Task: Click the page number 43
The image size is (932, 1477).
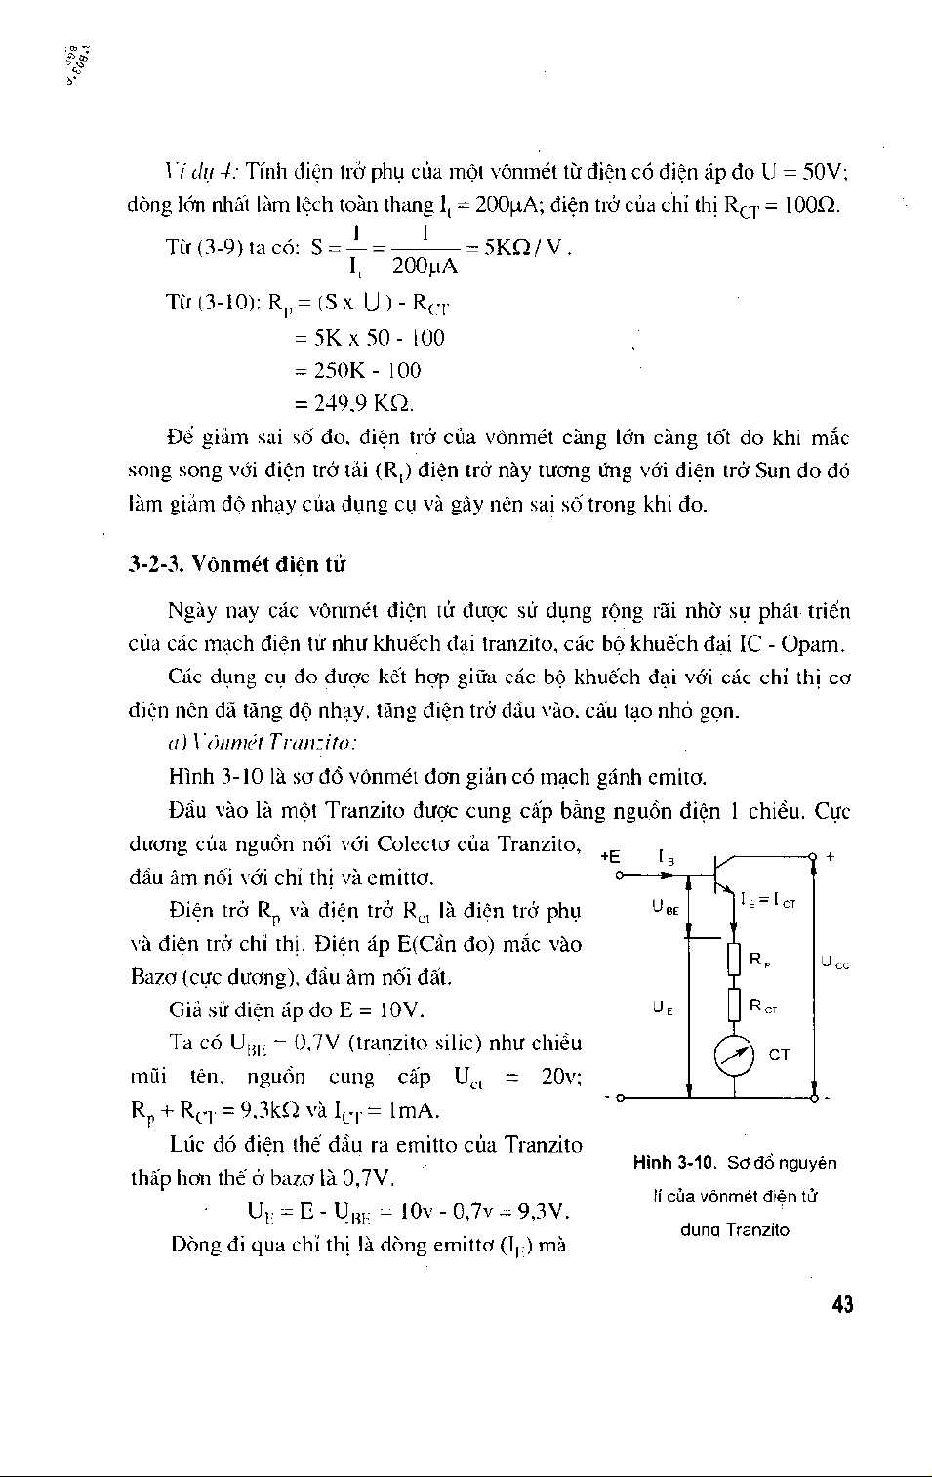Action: tap(843, 1304)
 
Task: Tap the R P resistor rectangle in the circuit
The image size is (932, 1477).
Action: tap(734, 961)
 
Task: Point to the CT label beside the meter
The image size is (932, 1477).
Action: tap(779, 1055)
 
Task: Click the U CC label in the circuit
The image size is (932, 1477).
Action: tap(834, 963)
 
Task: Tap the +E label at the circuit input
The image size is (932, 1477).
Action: tap(611, 856)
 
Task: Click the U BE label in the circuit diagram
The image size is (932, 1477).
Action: tap(666, 908)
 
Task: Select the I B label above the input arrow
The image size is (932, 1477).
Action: tap(667, 858)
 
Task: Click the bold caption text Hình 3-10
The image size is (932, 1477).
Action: tap(674, 1163)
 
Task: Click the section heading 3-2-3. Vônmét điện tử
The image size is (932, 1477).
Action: tap(237, 565)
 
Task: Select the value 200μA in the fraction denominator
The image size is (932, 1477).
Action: tap(424, 267)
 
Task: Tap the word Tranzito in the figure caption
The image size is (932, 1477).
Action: tap(757, 1230)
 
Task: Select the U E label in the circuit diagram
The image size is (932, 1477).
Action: tap(663, 1006)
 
